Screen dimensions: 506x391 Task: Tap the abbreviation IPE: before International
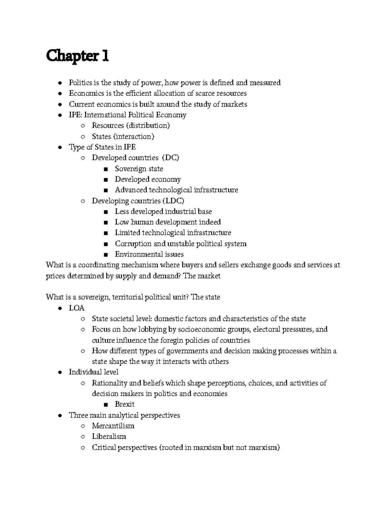(x=76, y=115)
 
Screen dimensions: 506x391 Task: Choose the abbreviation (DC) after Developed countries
(x=170, y=158)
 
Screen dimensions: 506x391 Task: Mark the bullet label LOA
(x=77, y=308)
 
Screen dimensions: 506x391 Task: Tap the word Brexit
(x=125, y=404)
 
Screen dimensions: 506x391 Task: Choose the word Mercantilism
(x=113, y=426)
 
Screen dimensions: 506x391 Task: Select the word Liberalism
(x=109, y=436)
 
